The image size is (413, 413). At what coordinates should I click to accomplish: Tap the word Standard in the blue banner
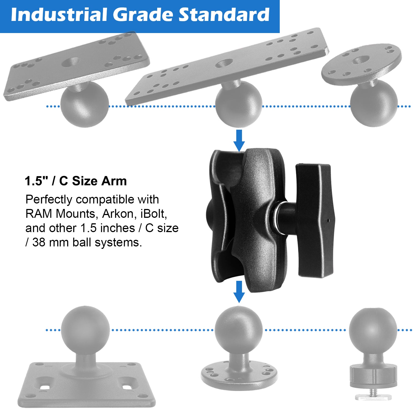tap(224, 15)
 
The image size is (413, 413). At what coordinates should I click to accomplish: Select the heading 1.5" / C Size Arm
tap(76, 181)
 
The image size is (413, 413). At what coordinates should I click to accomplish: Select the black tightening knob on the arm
tap(315, 220)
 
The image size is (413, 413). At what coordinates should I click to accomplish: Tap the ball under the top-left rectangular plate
tap(85, 104)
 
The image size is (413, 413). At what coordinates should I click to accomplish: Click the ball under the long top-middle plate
tap(238, 104)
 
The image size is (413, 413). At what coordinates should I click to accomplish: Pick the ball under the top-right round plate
tap(374, 103)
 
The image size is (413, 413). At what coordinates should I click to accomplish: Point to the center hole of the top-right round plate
tap(361, 59)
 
